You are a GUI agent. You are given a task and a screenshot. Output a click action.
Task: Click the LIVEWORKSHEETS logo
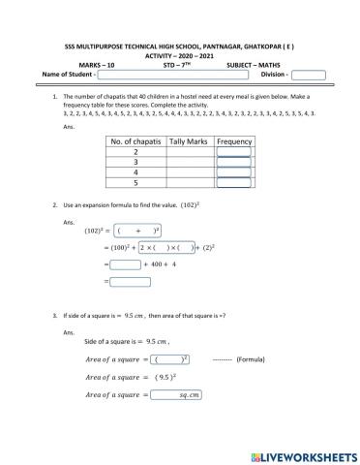pyautogui.click(x=302, y=453)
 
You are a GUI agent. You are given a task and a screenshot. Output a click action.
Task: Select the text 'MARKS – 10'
pyautogui.click(x=96, y=64)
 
